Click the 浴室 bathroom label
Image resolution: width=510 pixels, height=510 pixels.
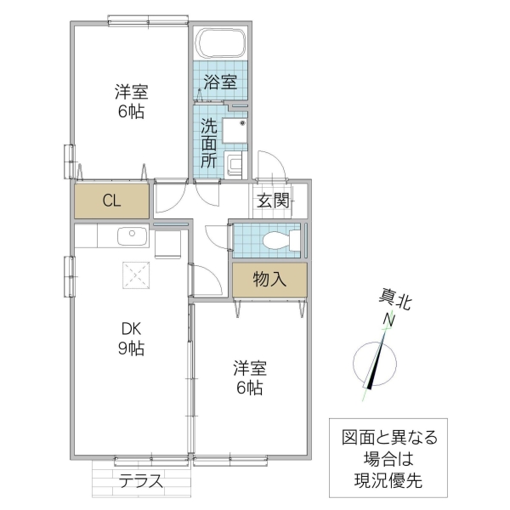(219, 83)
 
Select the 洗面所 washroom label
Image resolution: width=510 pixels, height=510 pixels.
(209, 142)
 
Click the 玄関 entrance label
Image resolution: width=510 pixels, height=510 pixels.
(273, 201)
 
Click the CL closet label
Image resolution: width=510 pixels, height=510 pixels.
(111, 201)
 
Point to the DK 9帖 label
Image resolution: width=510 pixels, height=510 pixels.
(131, 338)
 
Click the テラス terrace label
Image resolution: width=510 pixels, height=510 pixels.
(140, 479)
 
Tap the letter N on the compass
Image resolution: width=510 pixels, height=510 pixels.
(388, 320)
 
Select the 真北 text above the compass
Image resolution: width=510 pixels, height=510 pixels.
(394, 300)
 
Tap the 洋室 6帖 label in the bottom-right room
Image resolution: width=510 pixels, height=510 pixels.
(251, 378)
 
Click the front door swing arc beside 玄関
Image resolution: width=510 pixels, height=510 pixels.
(270, 164)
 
